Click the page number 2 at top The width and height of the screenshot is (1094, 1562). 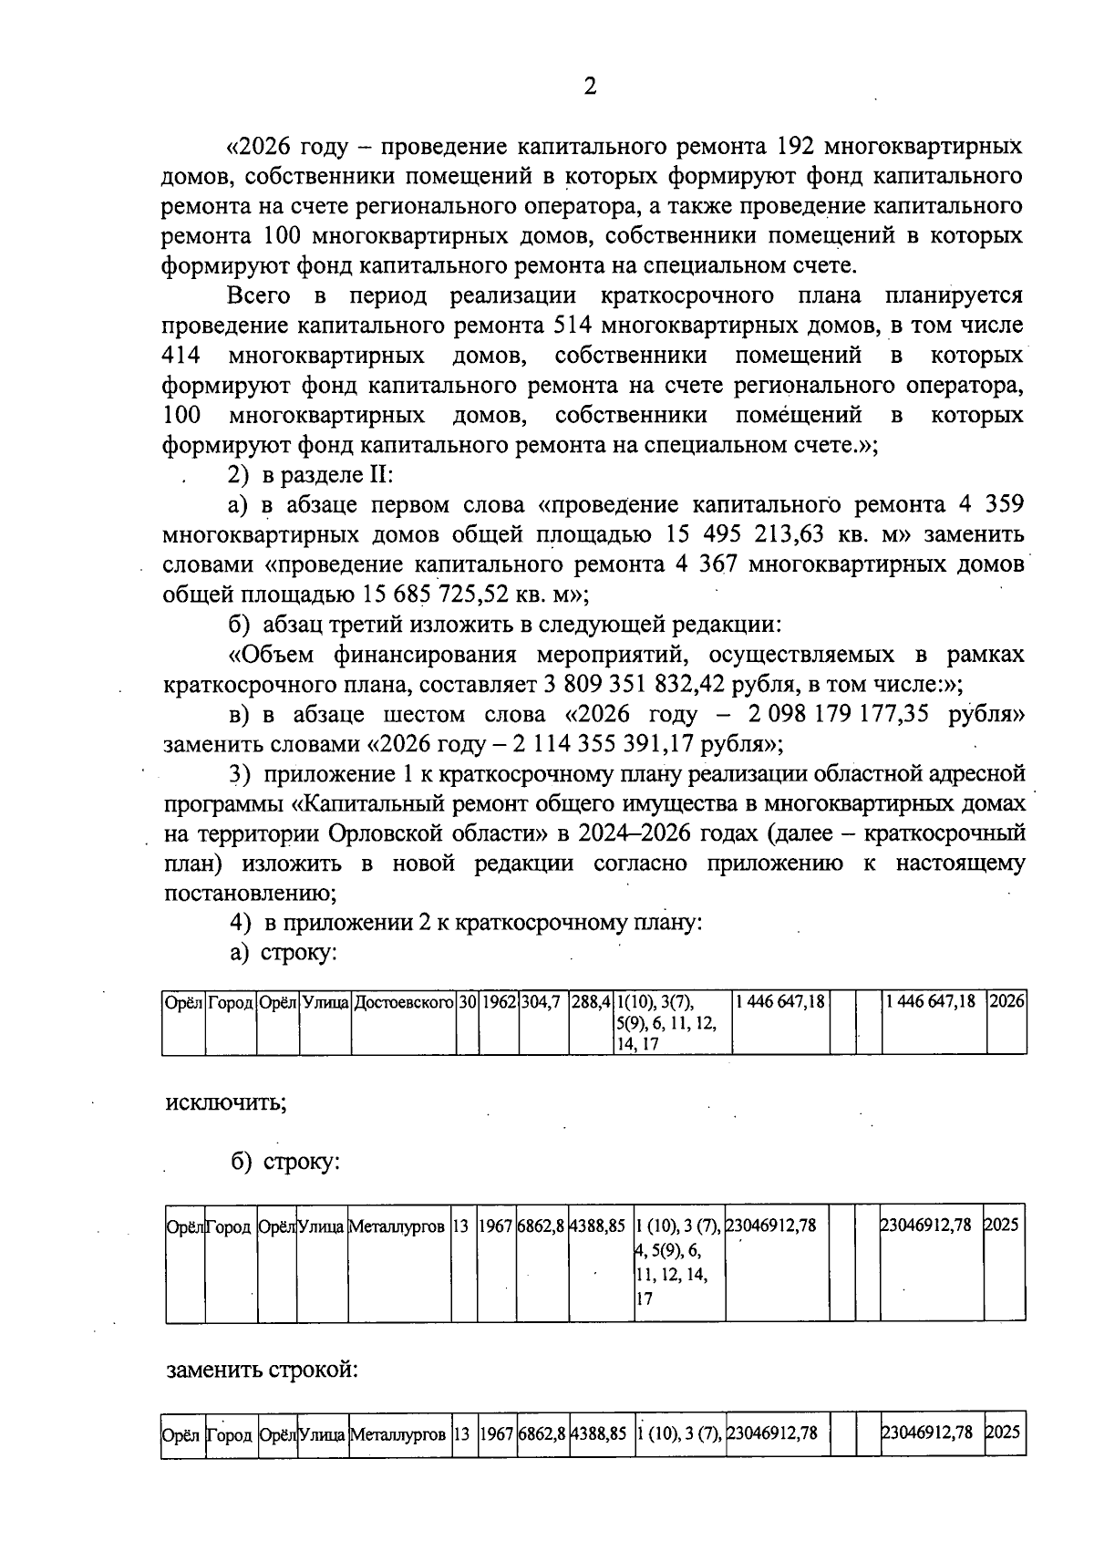[x=590, y=87]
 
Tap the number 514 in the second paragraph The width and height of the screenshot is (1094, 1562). [x=574, y=326]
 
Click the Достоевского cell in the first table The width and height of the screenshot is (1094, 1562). [x=404, y=1001]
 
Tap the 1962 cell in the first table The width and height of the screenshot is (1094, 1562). [x=500, y=1001]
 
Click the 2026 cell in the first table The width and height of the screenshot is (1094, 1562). [x=1007, y=1001]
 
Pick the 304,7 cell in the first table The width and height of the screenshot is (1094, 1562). [x=541, y=1001]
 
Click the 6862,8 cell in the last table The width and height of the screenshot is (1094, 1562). [x=542, y=1433]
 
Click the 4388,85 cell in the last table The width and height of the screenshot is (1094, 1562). [x=598, y=1433]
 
